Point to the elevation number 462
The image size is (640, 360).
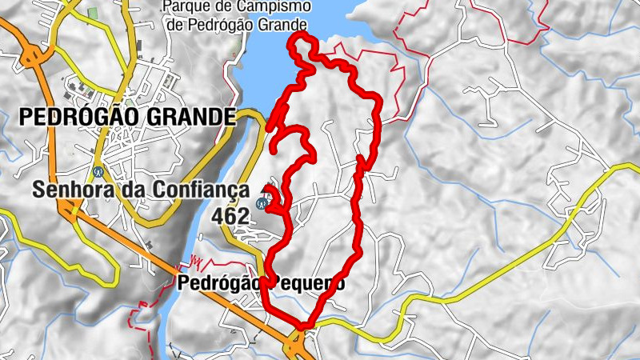230,215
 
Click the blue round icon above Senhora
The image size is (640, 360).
98,170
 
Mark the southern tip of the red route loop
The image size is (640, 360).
302,324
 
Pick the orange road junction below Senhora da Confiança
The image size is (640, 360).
69,210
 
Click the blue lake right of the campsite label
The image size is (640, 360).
336,16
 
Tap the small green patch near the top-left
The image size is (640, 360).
91,14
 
